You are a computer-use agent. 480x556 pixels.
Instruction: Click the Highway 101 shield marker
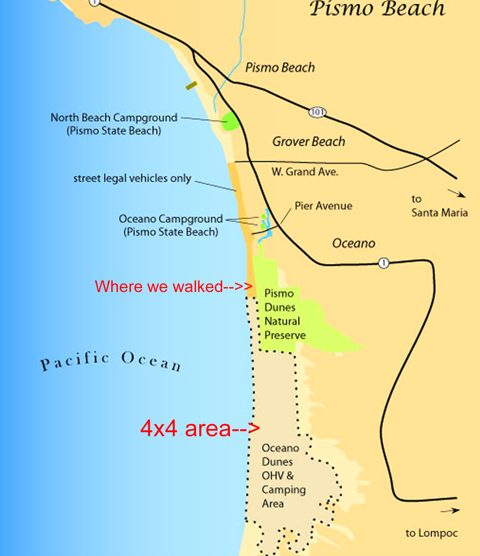tap(317, 112)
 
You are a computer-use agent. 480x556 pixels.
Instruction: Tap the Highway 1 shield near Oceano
tap(384, 263)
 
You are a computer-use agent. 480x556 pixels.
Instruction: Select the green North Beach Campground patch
tap(231, 121)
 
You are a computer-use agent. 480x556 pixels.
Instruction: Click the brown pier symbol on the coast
tap(191, 85)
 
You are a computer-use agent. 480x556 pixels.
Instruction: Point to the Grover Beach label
tap(309, 142)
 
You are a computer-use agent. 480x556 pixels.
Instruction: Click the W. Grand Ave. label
tap(305, 172)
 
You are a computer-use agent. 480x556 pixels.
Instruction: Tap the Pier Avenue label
tap(323, 206)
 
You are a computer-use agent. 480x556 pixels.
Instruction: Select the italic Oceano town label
tap(354, 243)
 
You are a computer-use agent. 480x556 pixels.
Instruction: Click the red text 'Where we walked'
tap(159, 286)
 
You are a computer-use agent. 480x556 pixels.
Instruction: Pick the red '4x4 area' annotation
tap(186, 428)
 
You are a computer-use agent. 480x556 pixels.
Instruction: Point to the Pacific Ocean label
tap(111, 361)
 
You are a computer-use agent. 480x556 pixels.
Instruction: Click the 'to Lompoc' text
tap(431, 533)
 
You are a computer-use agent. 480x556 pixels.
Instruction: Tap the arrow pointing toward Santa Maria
tap(457, 193)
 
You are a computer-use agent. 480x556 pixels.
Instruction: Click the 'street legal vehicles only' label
tap(132, 178)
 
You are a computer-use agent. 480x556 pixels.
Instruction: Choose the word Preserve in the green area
tap(285, 335)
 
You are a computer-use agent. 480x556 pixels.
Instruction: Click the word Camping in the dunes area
tap(284, 490)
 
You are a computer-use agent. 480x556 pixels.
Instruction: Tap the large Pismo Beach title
tap(377, 9)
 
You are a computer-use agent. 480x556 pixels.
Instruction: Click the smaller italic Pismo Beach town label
tap(280, 68)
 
